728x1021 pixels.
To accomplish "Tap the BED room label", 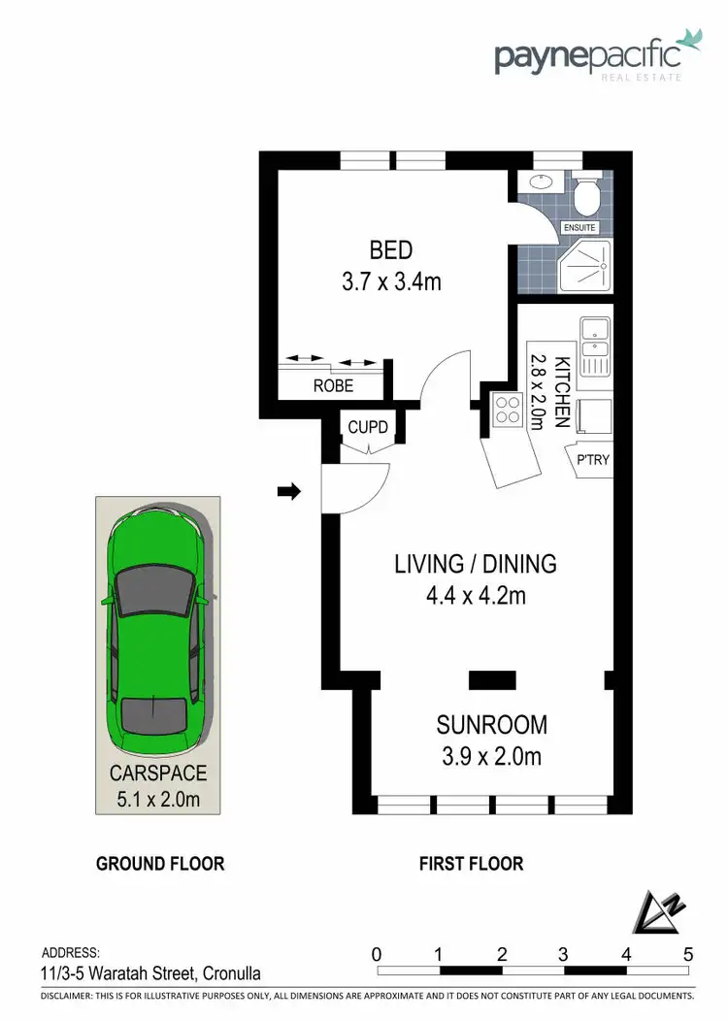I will coord(391,250).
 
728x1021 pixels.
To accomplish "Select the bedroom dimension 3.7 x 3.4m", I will coord(391,282).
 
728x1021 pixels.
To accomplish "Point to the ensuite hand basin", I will coord(540,183).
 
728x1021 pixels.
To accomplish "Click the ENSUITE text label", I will coord(579,228).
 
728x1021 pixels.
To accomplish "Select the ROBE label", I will coord(333,385).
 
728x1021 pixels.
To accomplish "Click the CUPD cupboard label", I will coord(368,427).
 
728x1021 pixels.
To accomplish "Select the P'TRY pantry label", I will coord(592,459).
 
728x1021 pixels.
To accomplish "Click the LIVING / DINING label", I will coord(475,563).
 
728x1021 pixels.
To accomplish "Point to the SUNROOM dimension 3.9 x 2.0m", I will coord(491,756).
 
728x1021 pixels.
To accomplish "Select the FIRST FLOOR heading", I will coord(471,863).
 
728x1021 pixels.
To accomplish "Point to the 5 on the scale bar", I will coord(688,953).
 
